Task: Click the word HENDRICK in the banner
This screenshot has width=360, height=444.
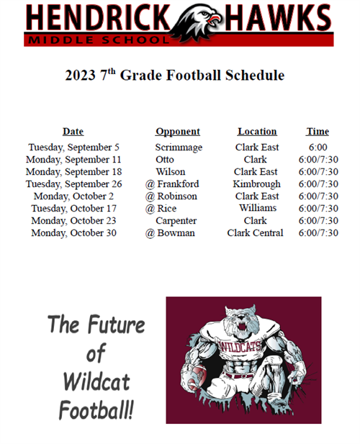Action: click(x=98, y=17)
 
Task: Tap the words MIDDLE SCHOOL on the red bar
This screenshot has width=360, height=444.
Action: click(x=99, y=40)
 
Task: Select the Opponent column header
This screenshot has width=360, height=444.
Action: click(x=178, y=132)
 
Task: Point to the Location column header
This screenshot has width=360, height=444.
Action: click(x=257, y=132)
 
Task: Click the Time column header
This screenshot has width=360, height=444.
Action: click(x=318, y=132)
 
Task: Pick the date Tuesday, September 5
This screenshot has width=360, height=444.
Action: click(x=73, y=148)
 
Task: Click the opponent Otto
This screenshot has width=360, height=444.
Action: click(x=165, y=160)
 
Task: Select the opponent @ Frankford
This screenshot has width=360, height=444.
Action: click(x=172, y=184)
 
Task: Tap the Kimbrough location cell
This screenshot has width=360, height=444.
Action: click(x=256, y=184)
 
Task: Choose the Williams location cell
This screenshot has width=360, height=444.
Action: click(x=258, y=208)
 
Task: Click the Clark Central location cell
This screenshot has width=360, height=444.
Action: click(x=255, y=232)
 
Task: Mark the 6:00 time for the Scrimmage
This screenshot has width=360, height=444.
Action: click(x=318, y=148)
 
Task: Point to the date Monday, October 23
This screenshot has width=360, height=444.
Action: click(x=73, y=221)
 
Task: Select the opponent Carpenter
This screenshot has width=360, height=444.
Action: click(x=176, y=221)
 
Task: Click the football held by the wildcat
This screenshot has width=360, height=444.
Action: click(x=195, y=376)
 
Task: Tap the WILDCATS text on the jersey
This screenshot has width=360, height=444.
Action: click(x=240, y=346)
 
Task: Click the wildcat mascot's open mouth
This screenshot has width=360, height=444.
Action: click(x=243, y=327)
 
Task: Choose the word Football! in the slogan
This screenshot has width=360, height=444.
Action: click(x=96, y=410)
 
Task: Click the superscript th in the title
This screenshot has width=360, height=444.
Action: click(x=112, y=71)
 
